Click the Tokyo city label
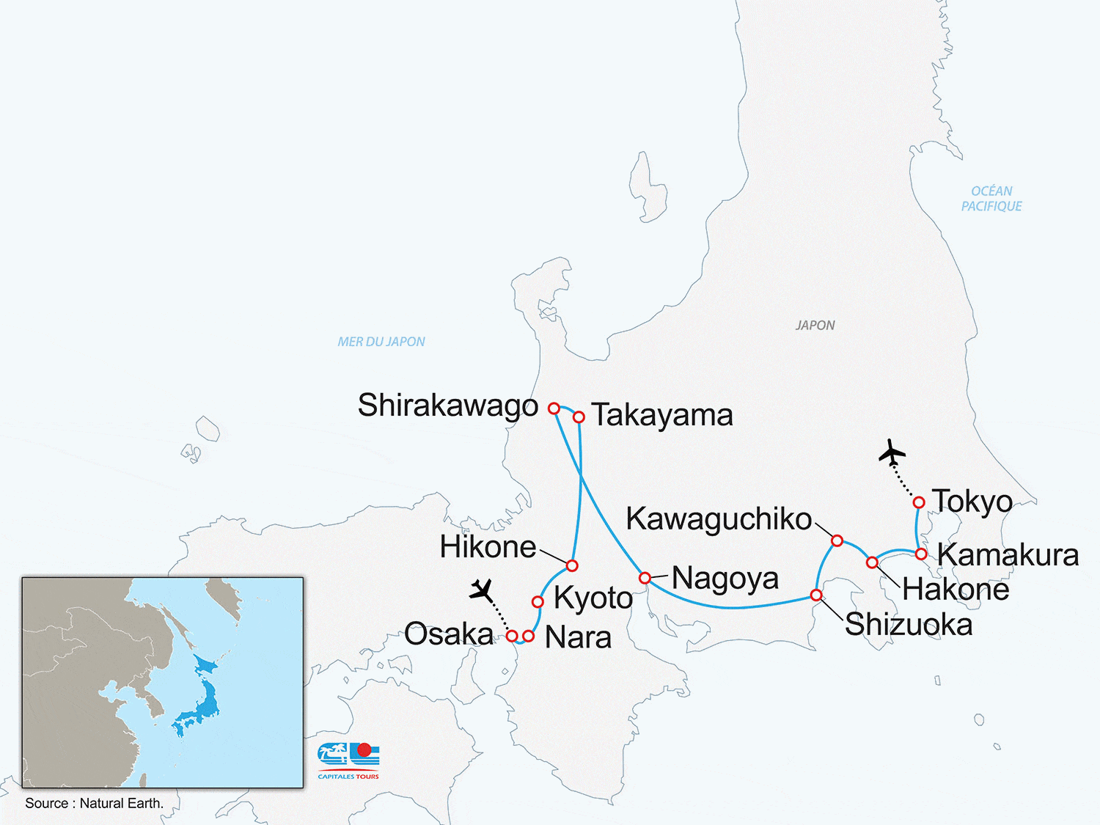tap(972, 502)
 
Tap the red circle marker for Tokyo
tap(919, 502)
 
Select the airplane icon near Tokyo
tap(892, 452)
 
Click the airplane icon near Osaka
tap(482, 590)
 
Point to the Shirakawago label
tap(447, 406)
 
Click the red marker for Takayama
tap(579, 417)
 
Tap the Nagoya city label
tap(725, 579)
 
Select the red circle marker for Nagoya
tap(645, 579)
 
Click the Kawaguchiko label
tap(718, 519)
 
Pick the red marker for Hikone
tap(572, 565)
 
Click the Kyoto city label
tap(593, 598)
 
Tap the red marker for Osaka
tap(512, 636)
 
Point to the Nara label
tap(578, 637)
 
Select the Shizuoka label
tap(908, 625)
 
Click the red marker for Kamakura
tap(921, 554)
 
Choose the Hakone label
tap(955, 590)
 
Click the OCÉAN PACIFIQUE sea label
tap(991, 199)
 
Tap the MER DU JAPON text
tap(381, 342)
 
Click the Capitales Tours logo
tap(348, 760)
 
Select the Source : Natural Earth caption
tap(94, 804)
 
